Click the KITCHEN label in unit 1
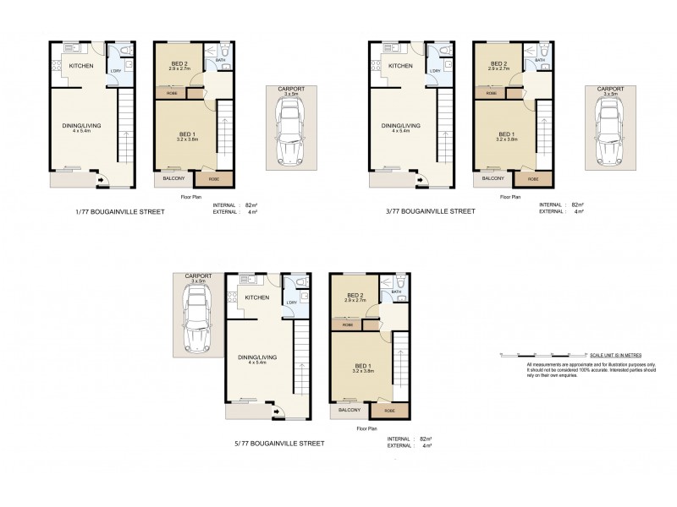pyautogui.click(x=81, y=65)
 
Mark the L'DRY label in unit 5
pyautogui.click(x=290, y=303)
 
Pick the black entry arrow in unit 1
pyautogui.click(x=103, y=179)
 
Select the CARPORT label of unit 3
pyautogui.click(x=608, y=88)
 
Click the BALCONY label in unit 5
pyautogui.click(x=350, y=410)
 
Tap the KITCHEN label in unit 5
pyautogui.click(x=257, y=297)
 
